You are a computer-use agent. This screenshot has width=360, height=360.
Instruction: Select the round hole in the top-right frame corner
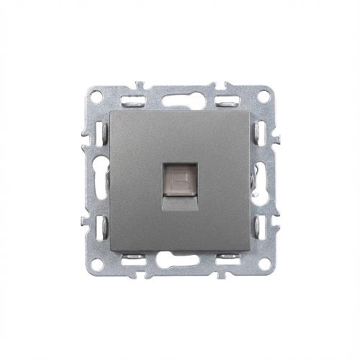(265, 95)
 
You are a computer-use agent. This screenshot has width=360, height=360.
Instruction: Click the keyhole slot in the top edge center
(179, 99)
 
